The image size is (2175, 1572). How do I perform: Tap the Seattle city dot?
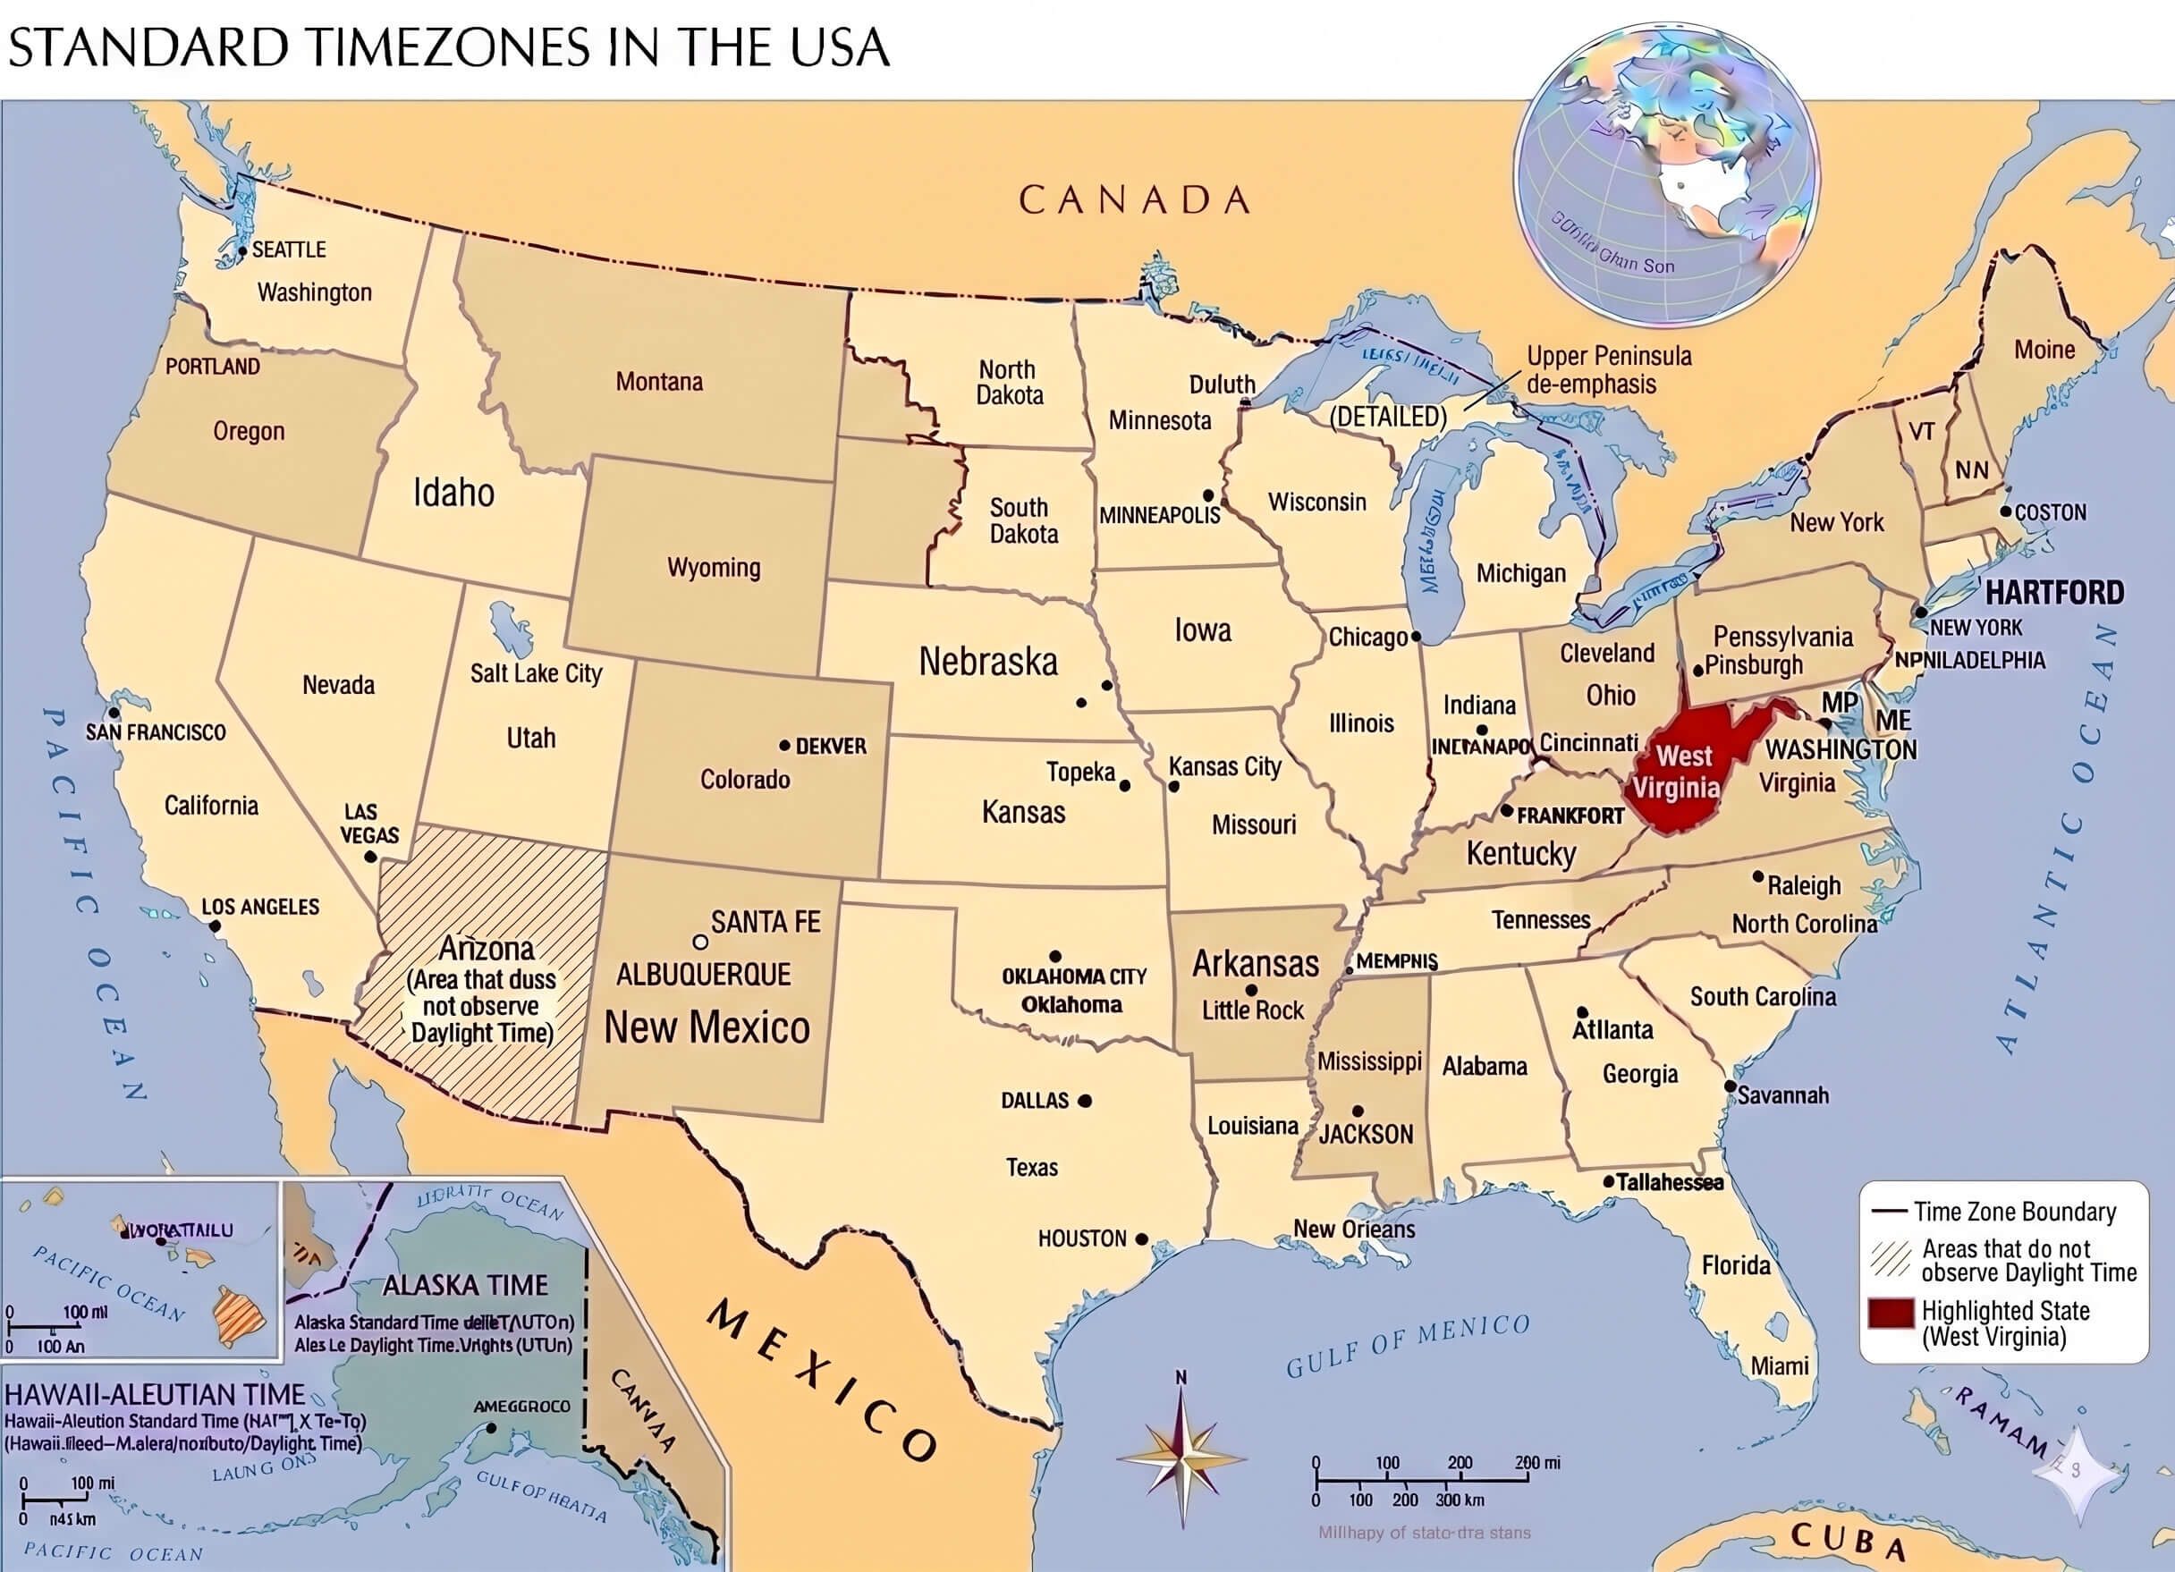242,251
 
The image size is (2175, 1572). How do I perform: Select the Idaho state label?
453,493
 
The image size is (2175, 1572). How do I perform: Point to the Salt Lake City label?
535,673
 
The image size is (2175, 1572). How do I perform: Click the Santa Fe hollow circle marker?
700,942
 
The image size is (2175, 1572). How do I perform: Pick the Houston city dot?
1141,1239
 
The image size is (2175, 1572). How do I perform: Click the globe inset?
1666,173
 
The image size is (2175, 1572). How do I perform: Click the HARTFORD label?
2054,593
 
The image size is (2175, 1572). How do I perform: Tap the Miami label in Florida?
1779,1365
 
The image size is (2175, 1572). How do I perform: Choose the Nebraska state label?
987,662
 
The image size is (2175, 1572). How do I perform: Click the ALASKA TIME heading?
465,1285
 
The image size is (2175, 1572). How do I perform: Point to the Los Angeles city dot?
215,926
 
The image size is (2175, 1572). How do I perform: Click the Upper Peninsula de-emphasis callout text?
1608,370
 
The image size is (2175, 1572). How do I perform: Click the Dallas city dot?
1085,1101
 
